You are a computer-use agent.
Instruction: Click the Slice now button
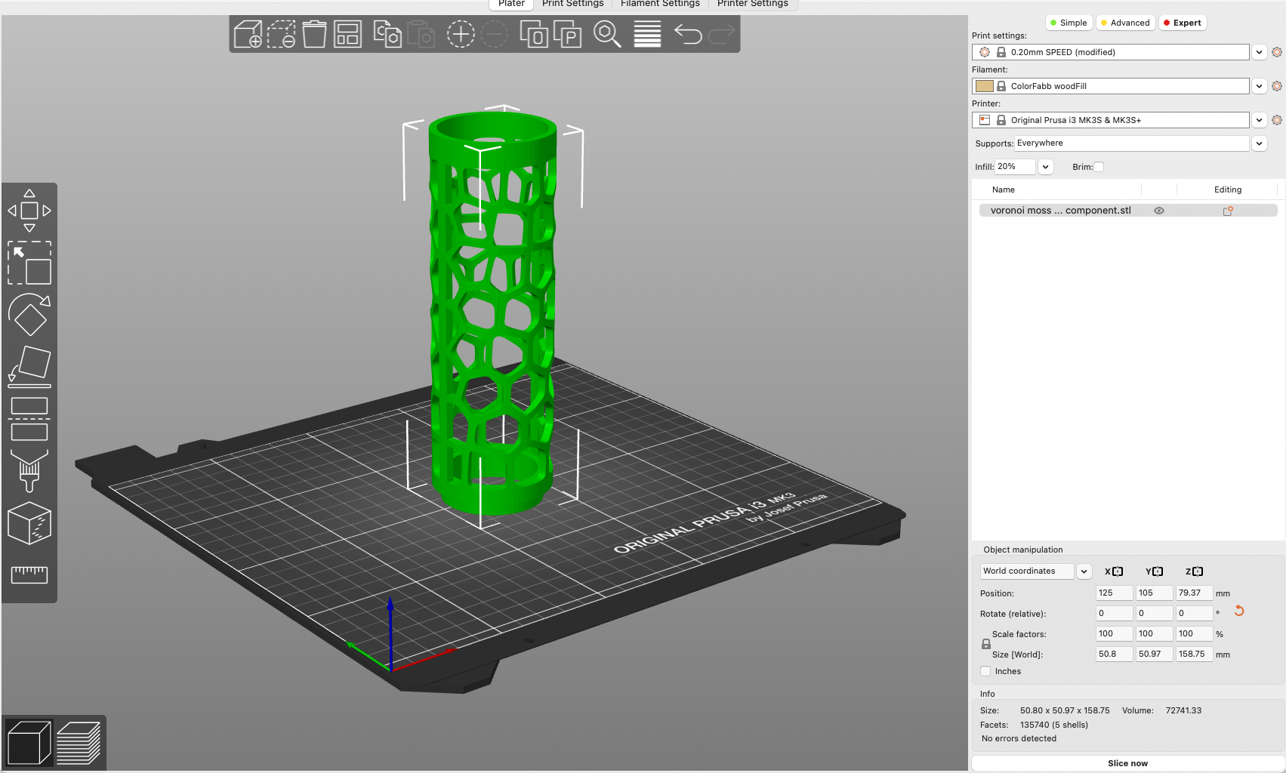(x=1127, y=763)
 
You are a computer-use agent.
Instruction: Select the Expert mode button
(x=1182, y=23)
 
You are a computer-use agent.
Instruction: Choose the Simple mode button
(x=1069, y=23)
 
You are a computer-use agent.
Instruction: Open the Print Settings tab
(x=572, y=4)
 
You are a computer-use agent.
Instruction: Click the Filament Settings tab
(x=660, y=4)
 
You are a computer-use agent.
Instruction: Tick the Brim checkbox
(x=1099, y=167)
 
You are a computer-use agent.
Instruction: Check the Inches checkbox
(x=985, y=671)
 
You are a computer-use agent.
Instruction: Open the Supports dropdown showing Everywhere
(x=1131, y=143)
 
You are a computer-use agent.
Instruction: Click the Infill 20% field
(x=1014, y=167)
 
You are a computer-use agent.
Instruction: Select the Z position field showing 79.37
(x=1193, y=593)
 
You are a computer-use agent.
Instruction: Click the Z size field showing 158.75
(x=1193, y=654)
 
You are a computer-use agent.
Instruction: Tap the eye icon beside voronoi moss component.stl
(x=1159, y=211)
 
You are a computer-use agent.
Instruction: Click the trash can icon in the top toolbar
(x=314, y=35)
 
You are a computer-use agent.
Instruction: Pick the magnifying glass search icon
(x=606, y=35)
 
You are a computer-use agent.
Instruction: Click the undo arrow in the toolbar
(x=687, y=35)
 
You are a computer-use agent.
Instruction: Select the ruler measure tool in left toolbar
(x=29, y=574)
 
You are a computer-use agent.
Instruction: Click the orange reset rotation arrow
(x=1239, y=611)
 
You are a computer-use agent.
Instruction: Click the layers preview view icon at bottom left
(x=79, y=743)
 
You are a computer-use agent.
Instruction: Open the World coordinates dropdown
(x=1035, y=571)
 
